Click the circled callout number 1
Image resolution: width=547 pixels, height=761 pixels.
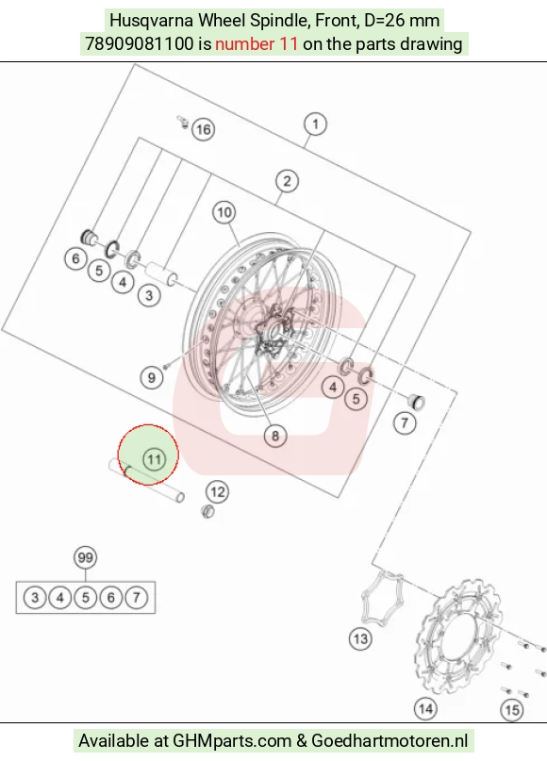(x=316, y=124)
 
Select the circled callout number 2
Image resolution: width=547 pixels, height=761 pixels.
(x=287, y=181)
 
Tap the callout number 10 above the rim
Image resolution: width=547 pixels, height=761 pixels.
(x=224, y=212)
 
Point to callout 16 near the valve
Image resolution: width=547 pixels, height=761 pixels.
(x=204, y=129)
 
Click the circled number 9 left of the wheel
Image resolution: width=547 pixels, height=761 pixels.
(x=152, y=377)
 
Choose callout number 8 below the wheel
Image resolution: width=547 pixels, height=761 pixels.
(x=275, y=436)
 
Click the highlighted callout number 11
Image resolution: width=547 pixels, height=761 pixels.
(x=155, y=459)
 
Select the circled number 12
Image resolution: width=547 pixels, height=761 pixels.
(x=217, y=492)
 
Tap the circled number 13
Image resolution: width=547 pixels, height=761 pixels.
(x=360, y=638)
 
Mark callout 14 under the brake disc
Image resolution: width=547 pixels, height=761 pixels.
(x=425, y=709)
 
